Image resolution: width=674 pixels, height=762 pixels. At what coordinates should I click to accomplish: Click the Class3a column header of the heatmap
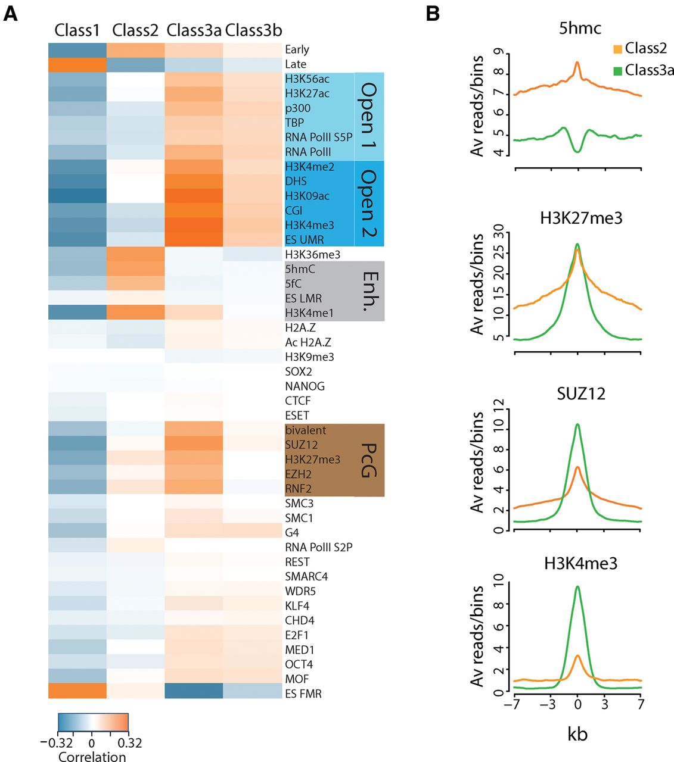pos(194,30)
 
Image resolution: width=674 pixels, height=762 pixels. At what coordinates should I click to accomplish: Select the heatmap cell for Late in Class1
pos(77,64)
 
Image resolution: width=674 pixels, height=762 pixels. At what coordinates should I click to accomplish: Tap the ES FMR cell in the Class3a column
pos(194,694)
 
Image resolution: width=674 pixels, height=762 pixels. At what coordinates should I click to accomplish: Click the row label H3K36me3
pos(313,255)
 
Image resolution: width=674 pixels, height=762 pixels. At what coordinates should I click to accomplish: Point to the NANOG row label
pos(305,386)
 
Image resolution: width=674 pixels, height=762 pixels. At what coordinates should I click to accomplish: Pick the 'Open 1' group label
pos(369,116)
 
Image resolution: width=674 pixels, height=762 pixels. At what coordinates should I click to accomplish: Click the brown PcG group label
pos(369,460)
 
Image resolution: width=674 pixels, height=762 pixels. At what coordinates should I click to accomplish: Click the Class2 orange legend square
pos(617,49)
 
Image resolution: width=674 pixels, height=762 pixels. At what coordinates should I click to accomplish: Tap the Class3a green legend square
pos(617,70)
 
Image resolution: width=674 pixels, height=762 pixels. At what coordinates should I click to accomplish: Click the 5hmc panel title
pos(579,28)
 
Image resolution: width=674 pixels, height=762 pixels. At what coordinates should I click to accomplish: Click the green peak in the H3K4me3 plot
pos(577,587)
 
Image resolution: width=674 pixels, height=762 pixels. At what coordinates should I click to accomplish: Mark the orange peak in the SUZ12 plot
pos(577,467)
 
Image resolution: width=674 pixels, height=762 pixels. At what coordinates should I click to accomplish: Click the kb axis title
pos(577,733)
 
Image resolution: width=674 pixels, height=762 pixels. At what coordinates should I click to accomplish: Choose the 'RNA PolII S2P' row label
pos(318,547)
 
